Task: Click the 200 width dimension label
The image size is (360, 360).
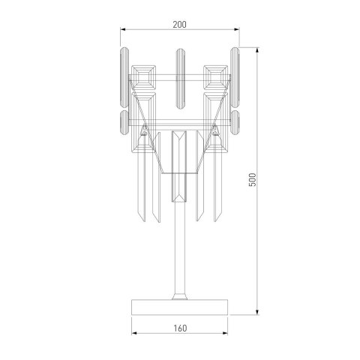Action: click(x=178, y=25)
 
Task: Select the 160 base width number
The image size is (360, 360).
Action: click(x=178, y=327)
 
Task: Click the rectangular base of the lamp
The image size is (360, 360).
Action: click(x=178, y=306)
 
